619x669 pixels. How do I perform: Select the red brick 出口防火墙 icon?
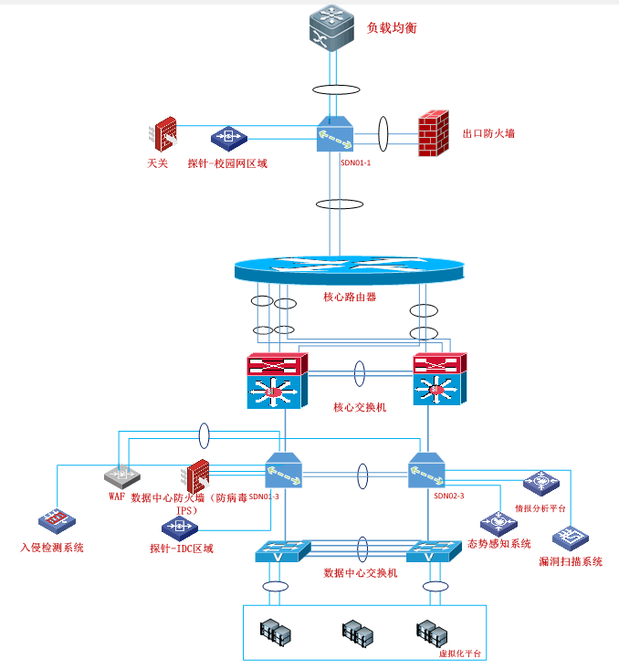click(x=434, y=134)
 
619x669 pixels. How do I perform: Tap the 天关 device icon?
click(x=164, y=134)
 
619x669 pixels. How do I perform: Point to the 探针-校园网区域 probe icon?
click(x=228, y=138)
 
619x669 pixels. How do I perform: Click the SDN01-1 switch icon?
click(x=335, y=135)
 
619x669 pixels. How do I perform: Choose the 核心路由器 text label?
click(x=350, y=297)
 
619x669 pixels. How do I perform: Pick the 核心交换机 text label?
click(x=360, y=407)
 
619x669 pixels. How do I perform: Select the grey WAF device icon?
click(x=121, y=476)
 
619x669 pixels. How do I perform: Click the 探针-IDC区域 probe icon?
click(x=179, y=527)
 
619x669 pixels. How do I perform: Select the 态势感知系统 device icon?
click(x=498, y=522)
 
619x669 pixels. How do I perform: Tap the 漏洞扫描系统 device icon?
click(x=570, y=538)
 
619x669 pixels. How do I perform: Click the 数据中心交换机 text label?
click(x=361, y=573)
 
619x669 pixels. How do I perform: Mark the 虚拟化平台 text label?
click(x=459, y=654)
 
